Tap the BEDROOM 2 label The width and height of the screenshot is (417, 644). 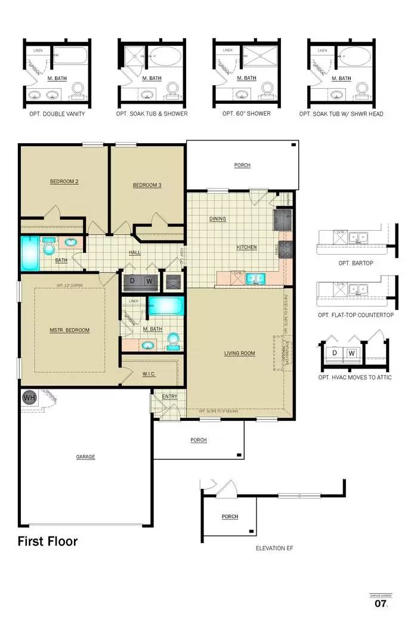(64, 182)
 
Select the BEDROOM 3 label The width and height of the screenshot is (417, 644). (147, 185)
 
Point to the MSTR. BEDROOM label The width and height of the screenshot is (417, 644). (70, 330)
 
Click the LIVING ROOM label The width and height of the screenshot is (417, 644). (239, 353)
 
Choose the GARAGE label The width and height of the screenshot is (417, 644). (85, 457)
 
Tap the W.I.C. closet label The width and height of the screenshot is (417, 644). (149, 374)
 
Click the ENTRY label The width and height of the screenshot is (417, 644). (169, 397)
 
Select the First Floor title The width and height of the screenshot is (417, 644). (47, 541)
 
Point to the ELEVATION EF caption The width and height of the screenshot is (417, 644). (274, 548)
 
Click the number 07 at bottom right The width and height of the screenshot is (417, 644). (381, 603)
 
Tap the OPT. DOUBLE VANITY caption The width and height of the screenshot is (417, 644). (57, 113)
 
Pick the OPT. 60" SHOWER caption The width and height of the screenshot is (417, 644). (246, 113)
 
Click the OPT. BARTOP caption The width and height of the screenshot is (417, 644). (356, 262)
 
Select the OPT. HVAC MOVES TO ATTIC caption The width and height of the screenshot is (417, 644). (355, 377)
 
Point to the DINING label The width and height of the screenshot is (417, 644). (218, 219)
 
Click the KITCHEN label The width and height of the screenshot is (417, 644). (246, 247)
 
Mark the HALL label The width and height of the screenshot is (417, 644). (135, 253)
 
